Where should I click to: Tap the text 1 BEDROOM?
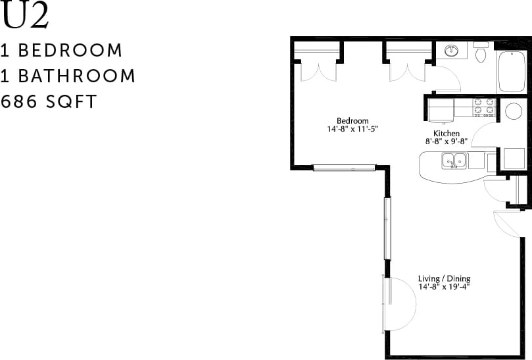tap(62, 50)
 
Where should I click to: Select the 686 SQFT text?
tap(49, 102)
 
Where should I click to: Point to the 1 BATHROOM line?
tap(68, 76)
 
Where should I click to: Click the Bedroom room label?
tap(352, 120)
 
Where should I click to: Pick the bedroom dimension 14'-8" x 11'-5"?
tap(352, 129)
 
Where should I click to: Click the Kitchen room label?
tap(446, 133)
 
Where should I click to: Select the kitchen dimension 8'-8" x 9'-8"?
tap(446, 141)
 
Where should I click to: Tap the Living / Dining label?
tap(445, 278)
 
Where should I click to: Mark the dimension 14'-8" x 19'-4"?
tap(445, 287)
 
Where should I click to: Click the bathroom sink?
tap(452, 51)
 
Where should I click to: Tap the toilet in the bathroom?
tap(481, 52)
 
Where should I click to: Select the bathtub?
tap(511, 71)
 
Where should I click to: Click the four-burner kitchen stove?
tap(484, 107)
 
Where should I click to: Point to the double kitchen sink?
tap(454, 160)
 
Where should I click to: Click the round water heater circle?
tap(514, 111)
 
